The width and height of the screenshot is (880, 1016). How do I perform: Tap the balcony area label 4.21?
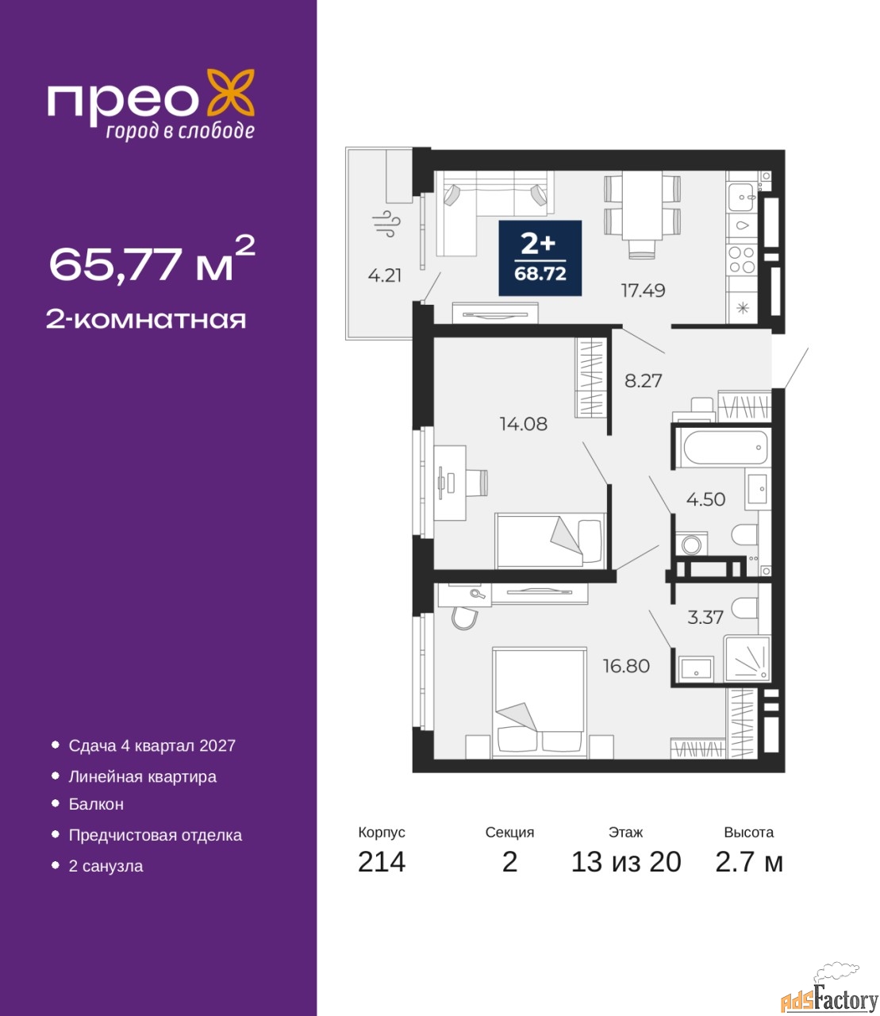tap(385, 275)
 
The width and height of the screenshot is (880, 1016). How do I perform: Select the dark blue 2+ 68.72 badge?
tap(540, 258)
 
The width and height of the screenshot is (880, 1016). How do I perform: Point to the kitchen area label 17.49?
tap(644, 291)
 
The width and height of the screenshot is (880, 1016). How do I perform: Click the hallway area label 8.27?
tap(644, 380)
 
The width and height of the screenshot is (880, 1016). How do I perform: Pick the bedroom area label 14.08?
tap(523, 423)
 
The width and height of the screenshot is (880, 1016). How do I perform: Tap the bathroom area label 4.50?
tap(705, 499)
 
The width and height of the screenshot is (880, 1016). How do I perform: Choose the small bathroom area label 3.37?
tap(705, 618)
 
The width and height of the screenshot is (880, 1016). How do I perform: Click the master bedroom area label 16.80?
tap(626, 666)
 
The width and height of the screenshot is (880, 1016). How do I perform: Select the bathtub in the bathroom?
tap(724, 448)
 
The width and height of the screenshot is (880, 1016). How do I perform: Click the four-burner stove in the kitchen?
tap(741, 260)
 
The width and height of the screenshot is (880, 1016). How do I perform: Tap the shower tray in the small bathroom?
tap(747, 658)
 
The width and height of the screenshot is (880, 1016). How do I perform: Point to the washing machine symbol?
tap(692, 545)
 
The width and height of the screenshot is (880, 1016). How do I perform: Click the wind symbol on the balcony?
tap(386, 225)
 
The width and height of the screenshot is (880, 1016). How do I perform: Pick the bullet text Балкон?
tap(96, 804)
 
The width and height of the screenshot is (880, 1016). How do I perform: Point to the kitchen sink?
tap(741, 197)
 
